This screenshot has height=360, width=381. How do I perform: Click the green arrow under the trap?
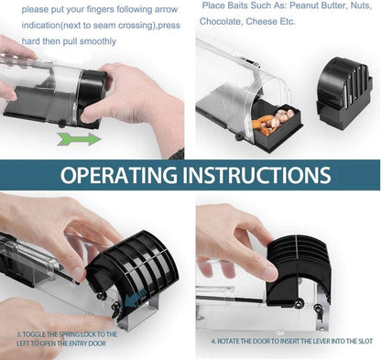79,139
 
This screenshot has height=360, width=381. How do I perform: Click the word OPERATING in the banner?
118,175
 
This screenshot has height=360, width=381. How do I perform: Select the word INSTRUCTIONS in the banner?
257,175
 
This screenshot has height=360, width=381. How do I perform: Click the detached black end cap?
343,92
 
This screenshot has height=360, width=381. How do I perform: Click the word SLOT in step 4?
365,341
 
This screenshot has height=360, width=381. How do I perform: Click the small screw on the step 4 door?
298,302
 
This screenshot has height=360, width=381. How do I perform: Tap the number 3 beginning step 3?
18,334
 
